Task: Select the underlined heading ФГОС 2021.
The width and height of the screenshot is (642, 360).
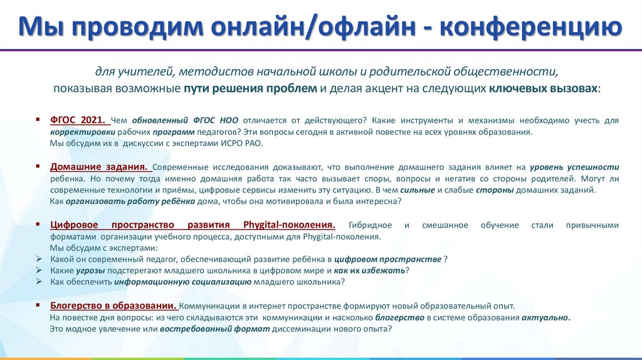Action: point(79,119)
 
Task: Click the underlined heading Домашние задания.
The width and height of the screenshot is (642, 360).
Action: point(98,167)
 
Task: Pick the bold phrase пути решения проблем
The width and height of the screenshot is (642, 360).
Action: point(250,88)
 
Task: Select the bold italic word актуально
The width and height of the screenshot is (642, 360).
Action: point(545,317)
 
